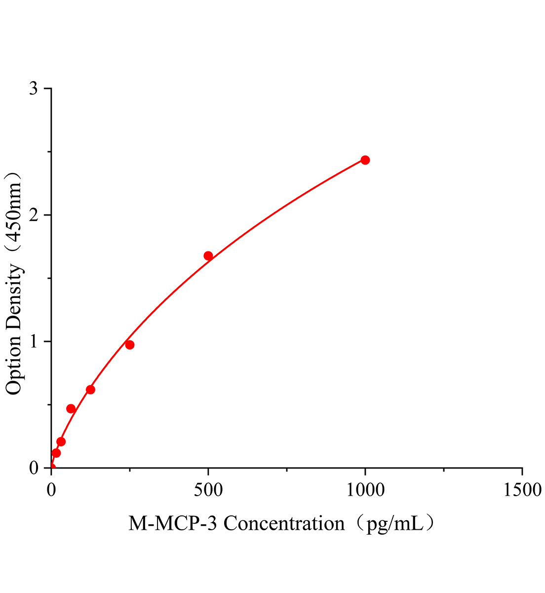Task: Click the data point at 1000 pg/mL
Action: tap(365, 160)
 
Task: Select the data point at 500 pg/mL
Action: tap(208, 256)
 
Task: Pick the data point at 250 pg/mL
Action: tap(130, 345)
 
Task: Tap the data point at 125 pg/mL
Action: tap(90, 390)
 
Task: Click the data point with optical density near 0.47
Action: tap(71, 409)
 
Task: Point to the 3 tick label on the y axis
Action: tap(34, 89)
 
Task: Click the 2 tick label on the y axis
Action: tap(34, 215)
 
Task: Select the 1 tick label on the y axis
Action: tap(34, 342)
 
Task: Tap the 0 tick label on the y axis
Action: tap(34, 468)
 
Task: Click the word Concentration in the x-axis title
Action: tap(284, 523)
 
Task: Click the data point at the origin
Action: tap(51, 467)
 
